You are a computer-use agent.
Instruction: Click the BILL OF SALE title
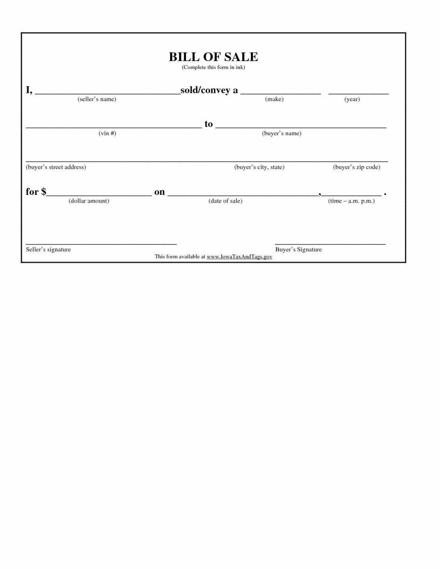click(x=213, y=57)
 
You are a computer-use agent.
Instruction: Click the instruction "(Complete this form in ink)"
click(x=213, y=67)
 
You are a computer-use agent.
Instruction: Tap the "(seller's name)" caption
click(x=97, y=99)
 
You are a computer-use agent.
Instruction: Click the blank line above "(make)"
click(x=281, y=93)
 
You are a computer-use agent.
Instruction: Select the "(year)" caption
click(x=352, y=99)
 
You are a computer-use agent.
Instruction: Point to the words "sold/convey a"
click(x=209, y=90)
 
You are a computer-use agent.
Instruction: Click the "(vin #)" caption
click(x=107, y=133)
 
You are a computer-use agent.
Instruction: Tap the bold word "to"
click(x=209, y=124)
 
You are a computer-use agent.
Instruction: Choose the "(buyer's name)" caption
click(x=281, y=133)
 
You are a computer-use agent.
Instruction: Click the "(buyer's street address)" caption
click(x=56, y=167)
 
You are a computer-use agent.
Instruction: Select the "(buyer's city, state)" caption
click(x=259, y=167)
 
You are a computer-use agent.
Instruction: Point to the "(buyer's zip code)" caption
click(x=357, y=167)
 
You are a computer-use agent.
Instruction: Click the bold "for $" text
click(x=36, y=192)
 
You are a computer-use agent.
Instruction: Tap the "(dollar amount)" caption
click(x=89, y=201)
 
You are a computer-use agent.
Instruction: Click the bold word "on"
click(x=159, y=192)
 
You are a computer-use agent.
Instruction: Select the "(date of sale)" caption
click(x=225, y=201)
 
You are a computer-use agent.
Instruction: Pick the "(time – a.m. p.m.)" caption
click(x=351, y=201)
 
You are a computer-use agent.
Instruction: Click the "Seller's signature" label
click(x=48, y=249)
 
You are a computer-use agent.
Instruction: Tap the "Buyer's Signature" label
click(x=298, y=249)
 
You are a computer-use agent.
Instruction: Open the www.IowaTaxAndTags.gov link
click(x=239, y=256)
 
